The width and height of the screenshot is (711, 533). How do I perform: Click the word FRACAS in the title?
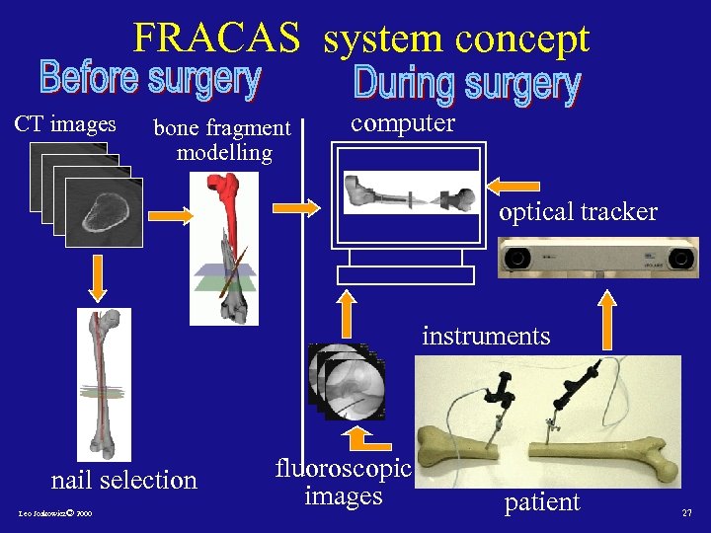click(x=216, y=38)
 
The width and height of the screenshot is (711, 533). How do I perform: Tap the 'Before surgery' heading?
click(x=149, y=79)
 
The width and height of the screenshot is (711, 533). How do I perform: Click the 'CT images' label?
click(x=65, y=125)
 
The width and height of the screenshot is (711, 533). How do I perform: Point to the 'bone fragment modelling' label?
click(x=223, y=140)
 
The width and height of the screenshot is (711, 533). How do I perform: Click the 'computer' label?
click(x=403, y=122)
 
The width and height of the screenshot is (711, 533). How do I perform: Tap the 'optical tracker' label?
click(x=578, y=212)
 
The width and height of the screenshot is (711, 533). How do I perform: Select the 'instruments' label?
click(x=486, y=336)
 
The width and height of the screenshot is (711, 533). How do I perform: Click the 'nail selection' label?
click(x=124, y=481)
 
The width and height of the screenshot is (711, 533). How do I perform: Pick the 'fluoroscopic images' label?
click(x=343, y=481)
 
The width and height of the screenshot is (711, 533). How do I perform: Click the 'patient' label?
click(x=542, y=502)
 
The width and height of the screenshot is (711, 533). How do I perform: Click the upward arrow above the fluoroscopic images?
click(x=347, y=313)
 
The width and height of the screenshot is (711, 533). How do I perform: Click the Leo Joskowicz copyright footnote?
click(x=54, y=515)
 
